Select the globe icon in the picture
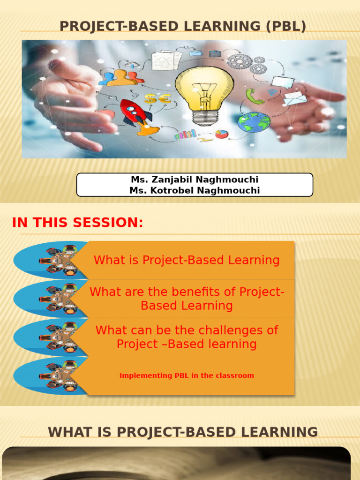[254, 122]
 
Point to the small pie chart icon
[222, 134]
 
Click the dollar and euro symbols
[157, 99]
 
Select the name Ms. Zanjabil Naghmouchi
[195, 180]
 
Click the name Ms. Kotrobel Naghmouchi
[195, 190]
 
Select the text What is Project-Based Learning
[187, 260]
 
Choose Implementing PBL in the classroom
[187, 375]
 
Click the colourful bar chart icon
[185, 135]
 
